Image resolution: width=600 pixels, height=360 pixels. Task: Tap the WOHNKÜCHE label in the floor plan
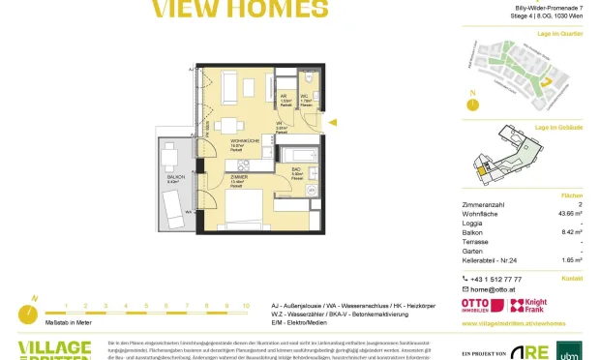coord(235,140)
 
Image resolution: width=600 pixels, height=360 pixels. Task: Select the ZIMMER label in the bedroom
coord(238,178)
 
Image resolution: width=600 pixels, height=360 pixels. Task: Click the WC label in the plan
coord(303,97)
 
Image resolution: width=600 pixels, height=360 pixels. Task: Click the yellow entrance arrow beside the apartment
coord(332,123)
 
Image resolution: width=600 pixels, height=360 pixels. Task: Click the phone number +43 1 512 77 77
coord(500,278)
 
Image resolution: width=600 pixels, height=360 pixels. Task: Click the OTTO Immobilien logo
coord(483,306)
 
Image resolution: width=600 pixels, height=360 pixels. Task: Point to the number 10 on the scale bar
coord(246,305)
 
